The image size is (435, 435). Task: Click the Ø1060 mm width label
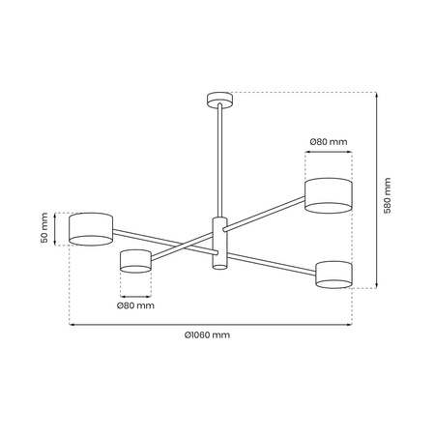pos(207,335)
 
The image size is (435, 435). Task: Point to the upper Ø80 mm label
pos(329,142)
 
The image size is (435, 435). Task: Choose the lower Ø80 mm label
pos(135,305)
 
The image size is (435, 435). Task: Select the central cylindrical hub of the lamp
pos(217,244)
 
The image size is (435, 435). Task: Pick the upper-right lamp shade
pos(329,193)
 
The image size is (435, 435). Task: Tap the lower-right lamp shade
pos(334,273)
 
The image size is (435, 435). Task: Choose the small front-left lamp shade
pos(136,260)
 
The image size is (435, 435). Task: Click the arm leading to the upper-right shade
pos(266,215)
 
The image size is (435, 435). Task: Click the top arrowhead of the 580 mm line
pos(375,94)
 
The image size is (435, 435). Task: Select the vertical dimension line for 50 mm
pos(56,228)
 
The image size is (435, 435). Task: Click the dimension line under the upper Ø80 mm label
pos(329,152)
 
